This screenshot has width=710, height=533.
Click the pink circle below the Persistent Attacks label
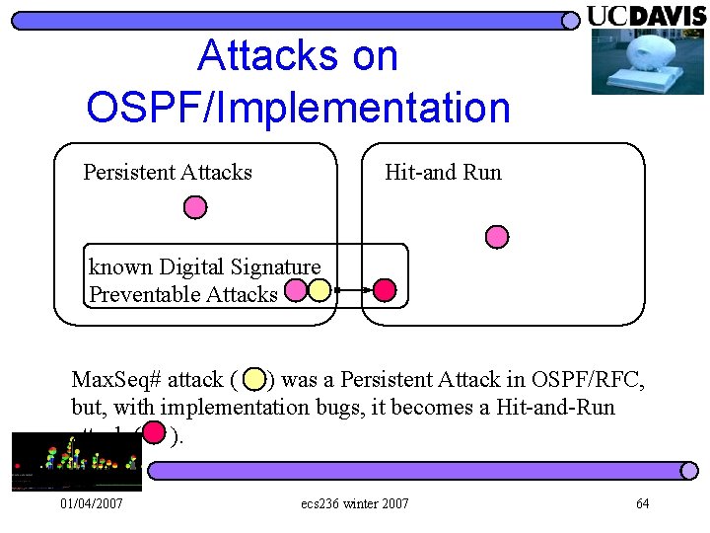click(196, 207)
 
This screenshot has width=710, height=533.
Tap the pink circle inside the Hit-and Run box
click(498, 237)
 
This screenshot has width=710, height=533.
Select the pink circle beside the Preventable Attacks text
click(295, 290)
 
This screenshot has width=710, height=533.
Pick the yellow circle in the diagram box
click(319, 290)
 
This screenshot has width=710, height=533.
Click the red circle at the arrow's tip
click(385, 290)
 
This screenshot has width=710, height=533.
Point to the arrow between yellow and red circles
click(352, 290)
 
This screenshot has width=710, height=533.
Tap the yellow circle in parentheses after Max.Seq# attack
click(254, 379)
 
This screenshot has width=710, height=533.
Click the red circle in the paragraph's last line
click(153, 433)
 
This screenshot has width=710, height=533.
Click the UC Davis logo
click(646, 16)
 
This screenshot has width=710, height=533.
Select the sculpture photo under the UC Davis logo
click(648, 61)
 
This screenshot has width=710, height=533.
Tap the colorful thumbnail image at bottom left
click(76, 462)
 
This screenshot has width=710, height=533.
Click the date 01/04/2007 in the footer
click(92, 504)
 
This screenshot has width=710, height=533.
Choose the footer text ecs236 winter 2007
click(355, 504)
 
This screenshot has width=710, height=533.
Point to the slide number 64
click(642, 504)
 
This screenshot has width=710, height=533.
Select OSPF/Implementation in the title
click(298, 108)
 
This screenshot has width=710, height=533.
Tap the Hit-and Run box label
click(443, 173)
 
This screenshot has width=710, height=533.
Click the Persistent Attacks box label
click(168, 173)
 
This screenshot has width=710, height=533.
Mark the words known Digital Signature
click(204, 266)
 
